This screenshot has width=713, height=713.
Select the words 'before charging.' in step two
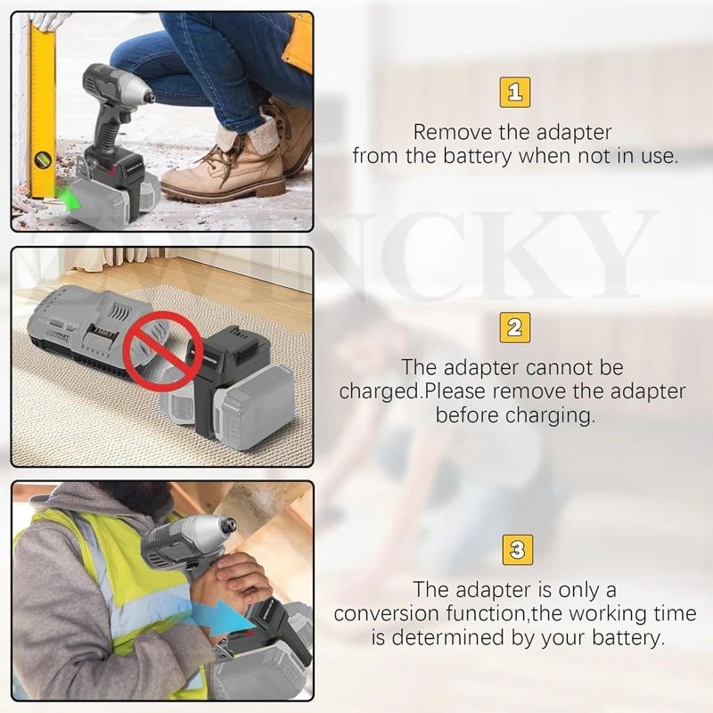coord(514,415)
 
